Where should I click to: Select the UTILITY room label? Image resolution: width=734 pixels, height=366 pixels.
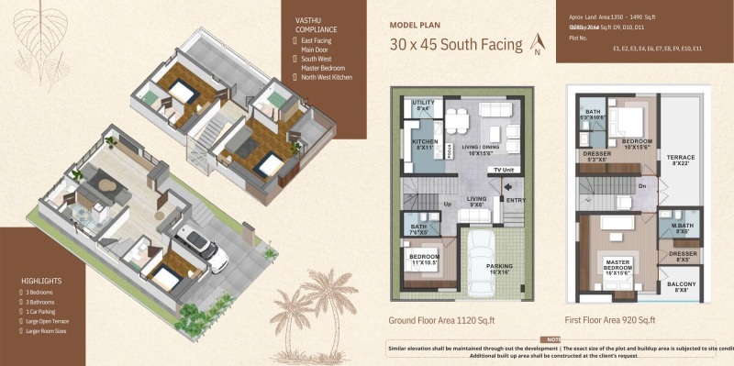[423, 105]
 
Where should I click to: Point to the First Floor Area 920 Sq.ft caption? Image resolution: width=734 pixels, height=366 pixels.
[610, 321]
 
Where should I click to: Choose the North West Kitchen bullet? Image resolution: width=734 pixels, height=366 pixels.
[327, 77]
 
